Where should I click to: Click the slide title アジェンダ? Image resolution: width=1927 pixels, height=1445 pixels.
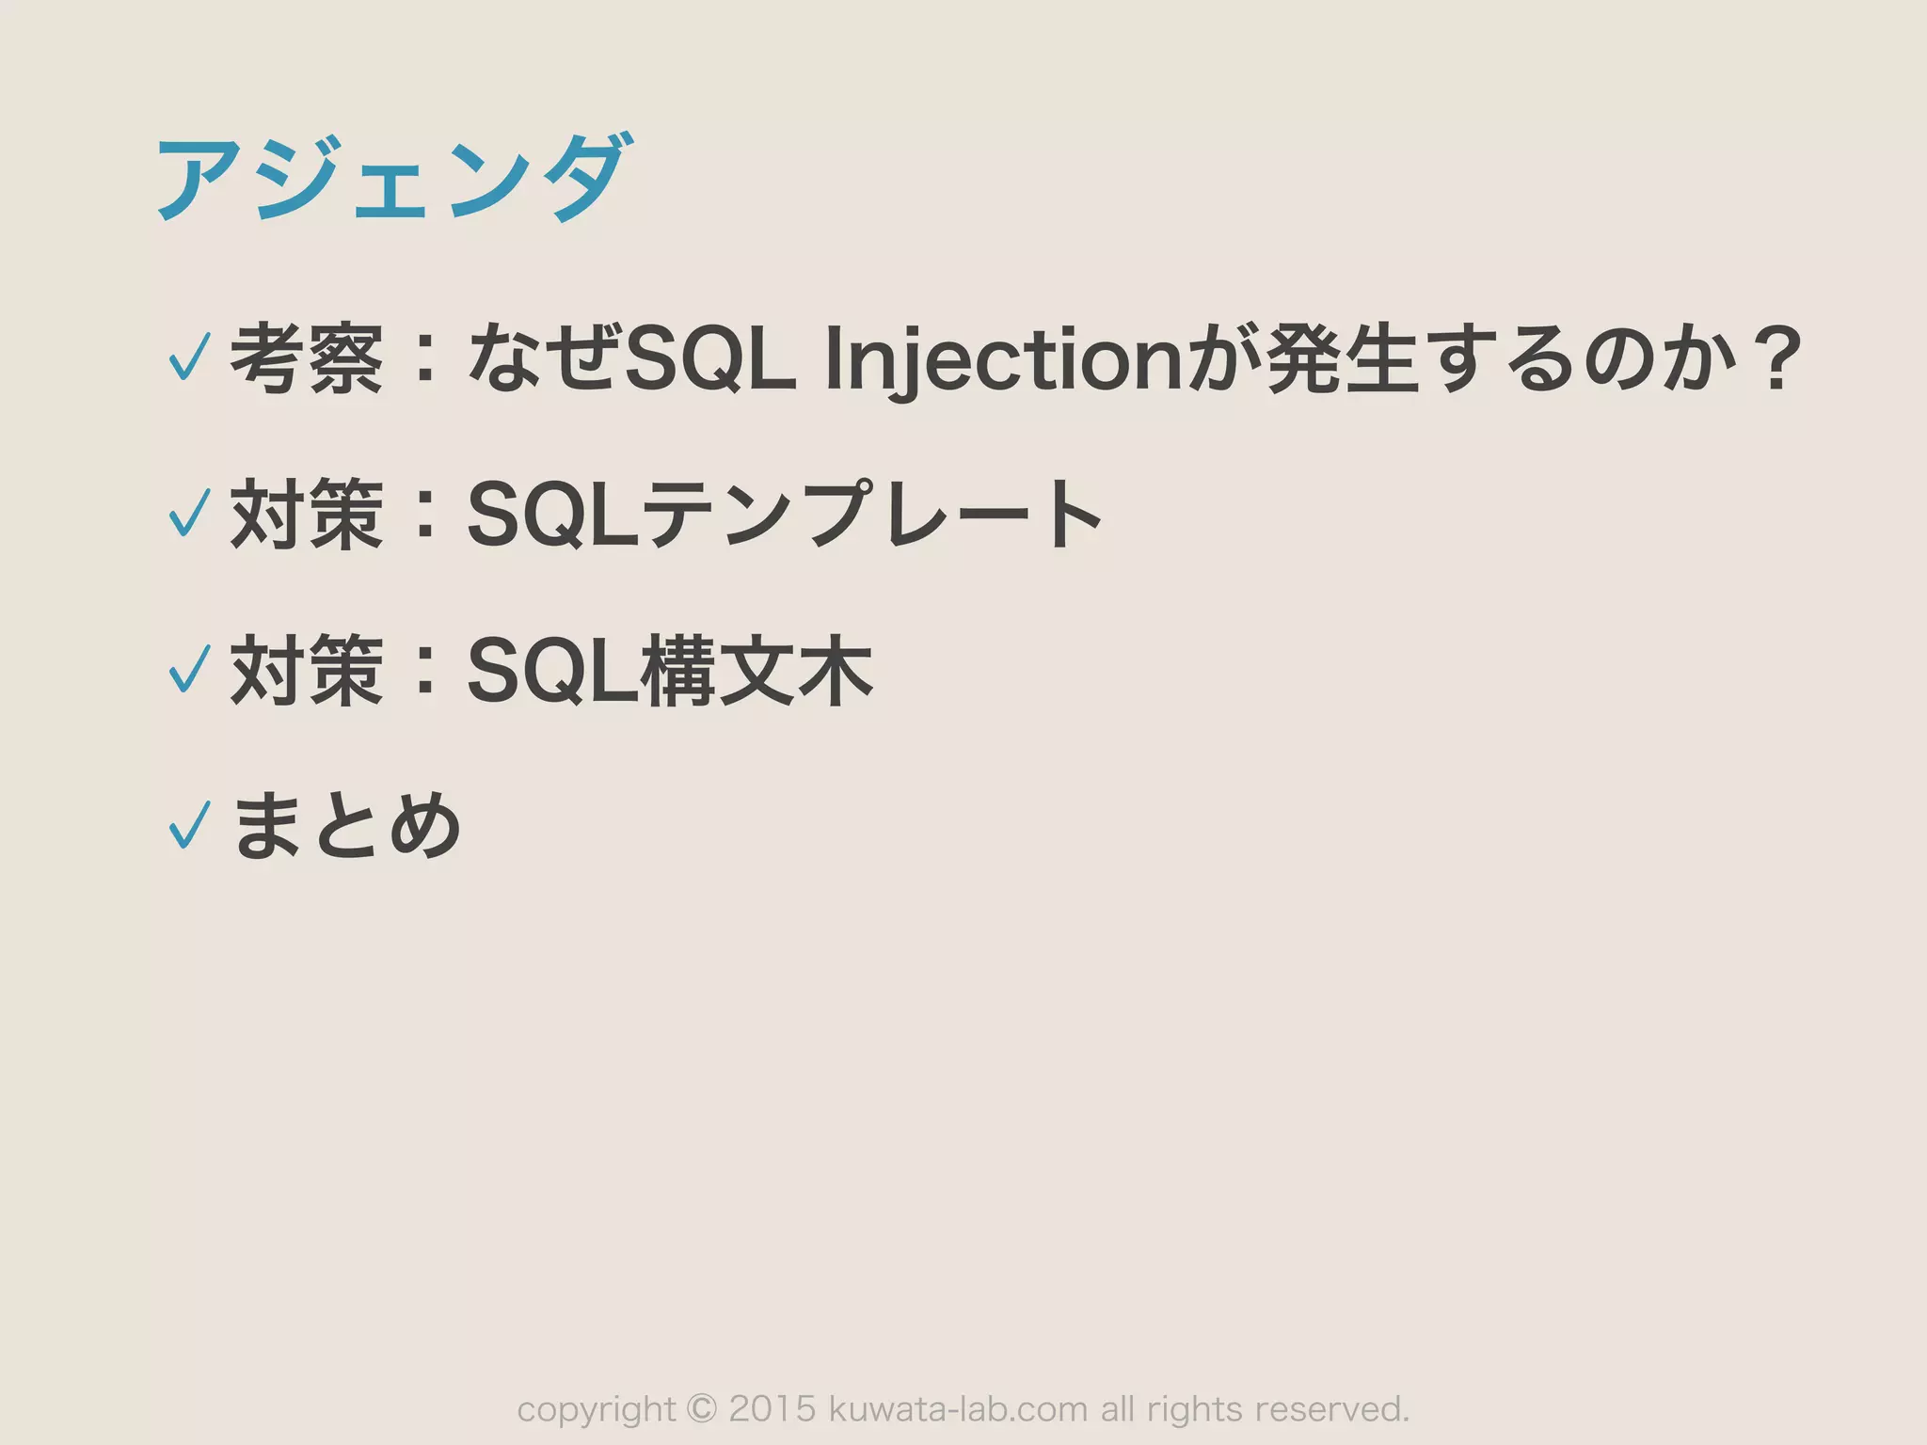point(390,179)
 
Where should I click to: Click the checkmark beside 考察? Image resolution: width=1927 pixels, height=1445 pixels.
point(188,357)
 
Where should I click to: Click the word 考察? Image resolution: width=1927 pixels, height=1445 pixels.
point(307,358)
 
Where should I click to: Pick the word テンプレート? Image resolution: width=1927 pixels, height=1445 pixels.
point(871,514)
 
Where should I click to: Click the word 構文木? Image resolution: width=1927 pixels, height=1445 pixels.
point(756,670)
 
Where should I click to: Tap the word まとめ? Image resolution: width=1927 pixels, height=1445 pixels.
point(346,825)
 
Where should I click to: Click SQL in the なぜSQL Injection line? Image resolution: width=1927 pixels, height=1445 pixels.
point(709,360)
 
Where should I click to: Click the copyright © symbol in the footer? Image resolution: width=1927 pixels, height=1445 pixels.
point(702,1408)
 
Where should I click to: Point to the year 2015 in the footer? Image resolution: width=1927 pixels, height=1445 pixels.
point(772,1408)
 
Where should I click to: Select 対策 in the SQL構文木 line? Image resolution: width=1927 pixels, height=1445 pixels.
point(307,670)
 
